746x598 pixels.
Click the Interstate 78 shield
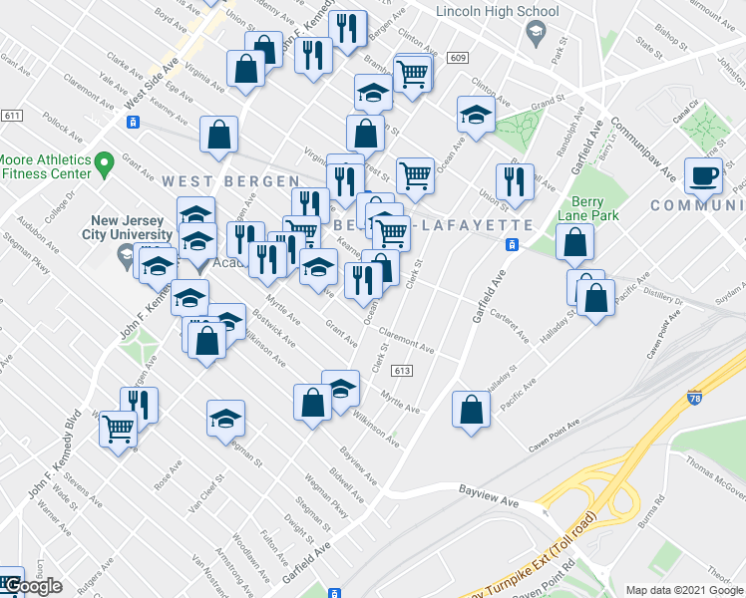[694, 399]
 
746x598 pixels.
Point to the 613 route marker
[403, 371]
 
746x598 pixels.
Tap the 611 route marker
[12, 116]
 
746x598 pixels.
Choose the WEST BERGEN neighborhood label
[230, 180]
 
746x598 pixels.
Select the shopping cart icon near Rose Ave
[118, 430]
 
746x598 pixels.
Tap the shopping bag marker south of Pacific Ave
[471, 409]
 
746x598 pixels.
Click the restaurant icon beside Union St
[515, 181]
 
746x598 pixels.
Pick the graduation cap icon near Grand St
[476, 115]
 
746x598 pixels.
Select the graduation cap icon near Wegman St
[225, 418]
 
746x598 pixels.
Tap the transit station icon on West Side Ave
[132, 122]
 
